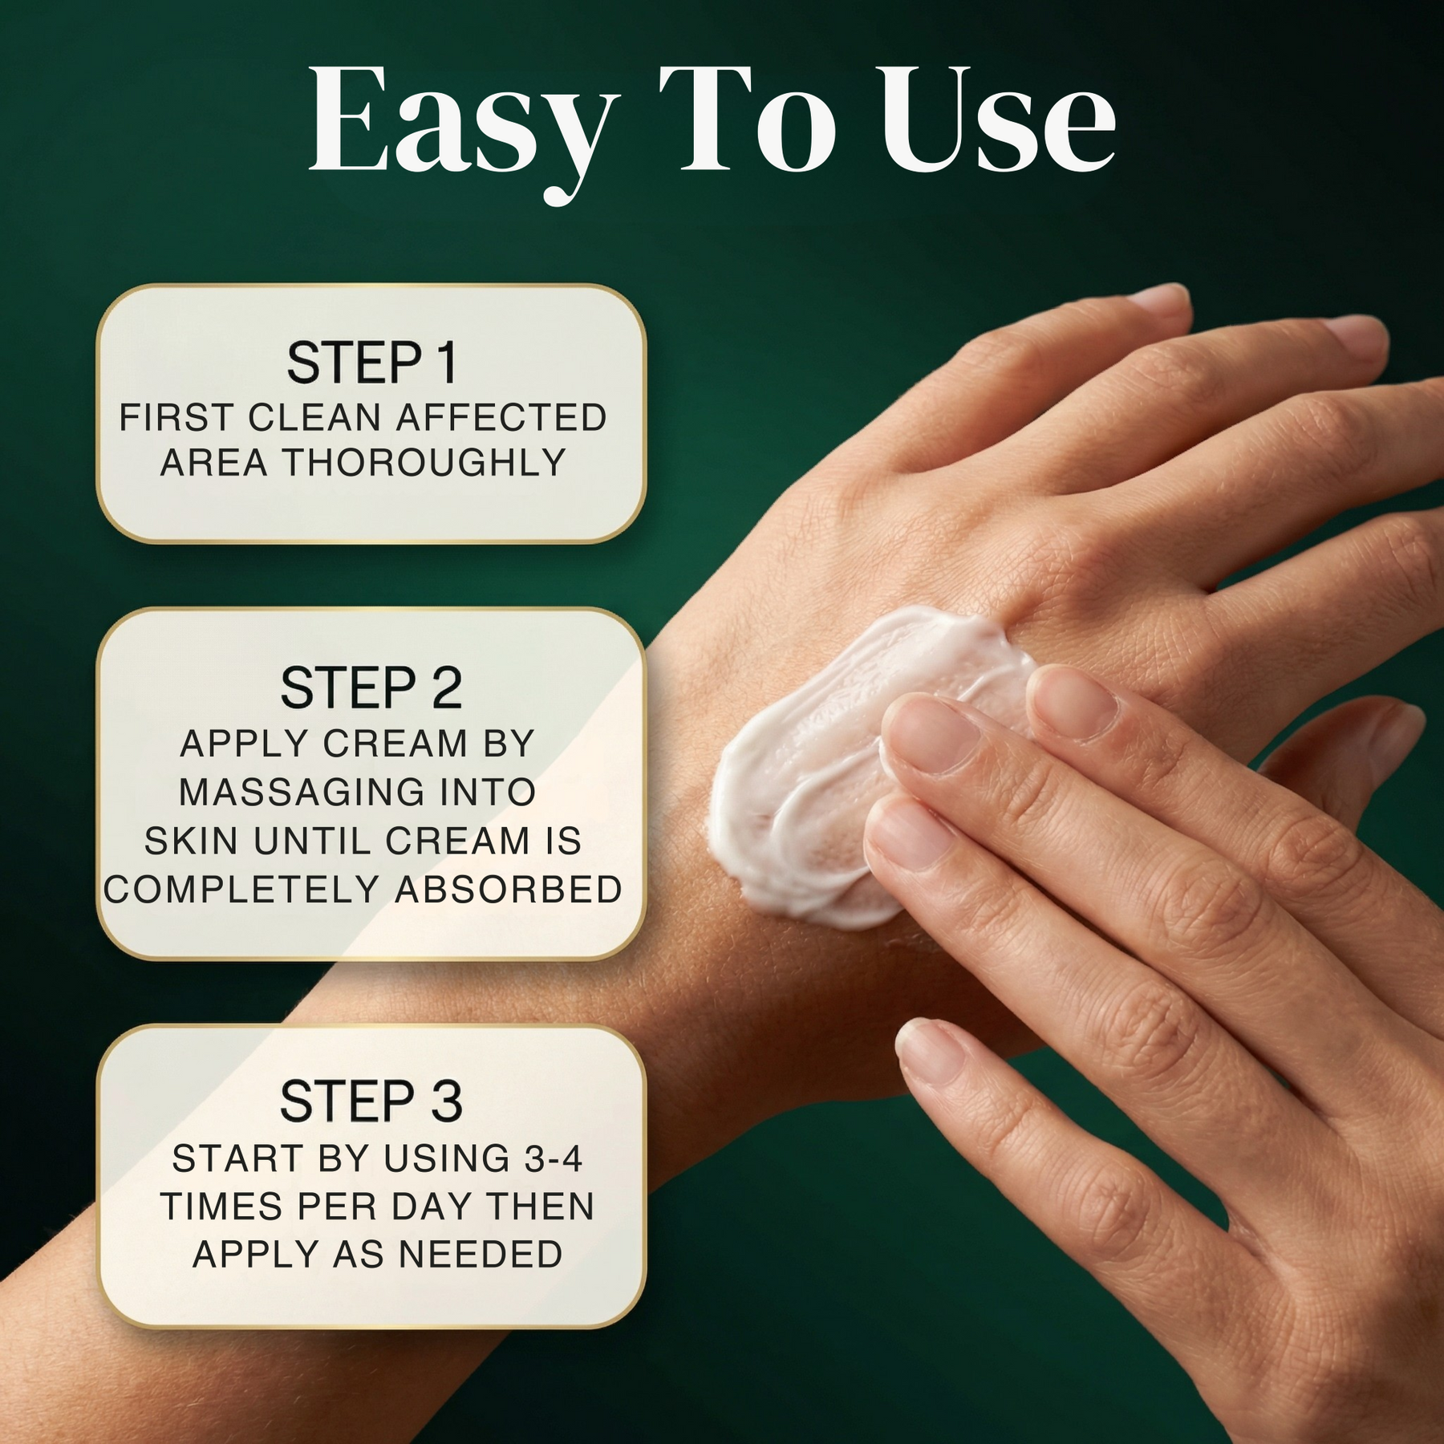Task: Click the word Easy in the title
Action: point(464,128)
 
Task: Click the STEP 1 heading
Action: point(372,363)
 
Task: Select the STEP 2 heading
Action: point(371,688)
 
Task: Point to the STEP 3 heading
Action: point(371,1101)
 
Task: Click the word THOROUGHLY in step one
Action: point(425,463)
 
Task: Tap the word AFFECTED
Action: point(501,417)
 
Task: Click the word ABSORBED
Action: point(509,890)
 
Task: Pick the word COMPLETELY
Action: point(241,890)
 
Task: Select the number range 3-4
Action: point(554,1158)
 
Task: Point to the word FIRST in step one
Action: point(177,417)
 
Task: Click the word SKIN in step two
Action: point(191,842)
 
